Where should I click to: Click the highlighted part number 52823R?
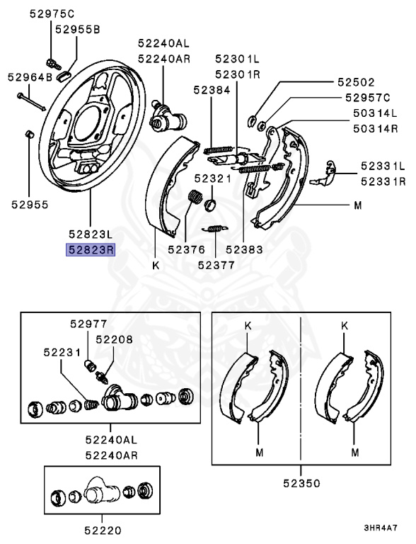(91, 249)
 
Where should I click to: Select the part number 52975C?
(52, 13)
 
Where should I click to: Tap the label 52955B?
(78, 29)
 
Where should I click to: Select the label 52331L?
(383, 166)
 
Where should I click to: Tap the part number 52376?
(186, 249)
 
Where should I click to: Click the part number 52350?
(301, 483)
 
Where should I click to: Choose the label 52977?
(87, 324)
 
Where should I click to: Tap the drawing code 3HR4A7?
(381, 528)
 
